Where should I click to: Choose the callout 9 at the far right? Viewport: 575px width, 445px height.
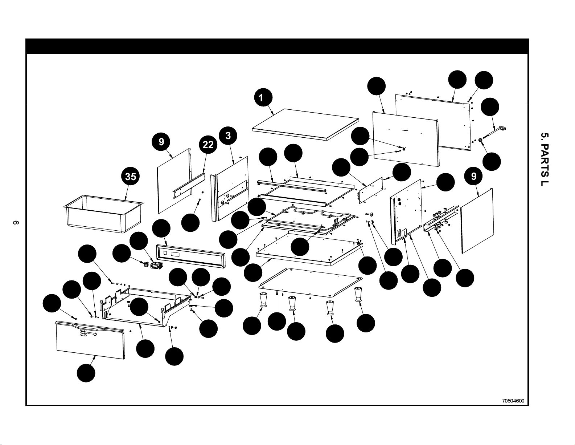pos(474,176)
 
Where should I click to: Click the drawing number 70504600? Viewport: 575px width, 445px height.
pos(513,401)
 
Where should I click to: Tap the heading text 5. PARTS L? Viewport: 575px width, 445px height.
pos(545,159)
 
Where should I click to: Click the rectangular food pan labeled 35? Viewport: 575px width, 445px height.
pos(103,214)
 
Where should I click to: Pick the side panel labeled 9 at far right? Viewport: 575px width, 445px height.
pos(477,221)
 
